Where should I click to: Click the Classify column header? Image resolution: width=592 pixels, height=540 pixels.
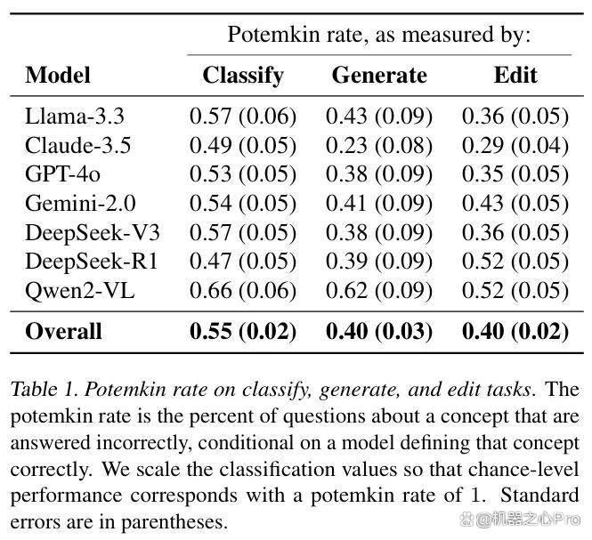coord(243,76)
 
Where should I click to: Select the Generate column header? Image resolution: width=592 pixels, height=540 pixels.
coord(379,75)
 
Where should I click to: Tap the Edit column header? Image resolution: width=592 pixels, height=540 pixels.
coord(515,75)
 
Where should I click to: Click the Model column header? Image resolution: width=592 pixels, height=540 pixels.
coord(58,75)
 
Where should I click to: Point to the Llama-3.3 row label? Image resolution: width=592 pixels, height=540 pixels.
coord(75,116)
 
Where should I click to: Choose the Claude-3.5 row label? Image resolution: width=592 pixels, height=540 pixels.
coord(78,145)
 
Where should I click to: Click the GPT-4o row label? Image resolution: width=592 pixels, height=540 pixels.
coord(62,174)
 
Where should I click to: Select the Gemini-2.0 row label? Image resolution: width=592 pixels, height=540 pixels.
coord(80,204)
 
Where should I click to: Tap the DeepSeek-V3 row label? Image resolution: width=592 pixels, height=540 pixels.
coord(93,232)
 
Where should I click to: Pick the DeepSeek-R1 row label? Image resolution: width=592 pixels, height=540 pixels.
coord(92,262)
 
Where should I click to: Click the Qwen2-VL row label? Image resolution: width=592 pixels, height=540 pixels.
coord(79,291)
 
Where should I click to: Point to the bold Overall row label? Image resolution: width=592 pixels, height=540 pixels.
coord(63,331)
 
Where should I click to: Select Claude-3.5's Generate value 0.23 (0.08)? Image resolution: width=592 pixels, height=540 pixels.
coord(379,146)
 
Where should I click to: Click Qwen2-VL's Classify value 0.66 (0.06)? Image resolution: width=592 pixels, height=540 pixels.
coord(243,291)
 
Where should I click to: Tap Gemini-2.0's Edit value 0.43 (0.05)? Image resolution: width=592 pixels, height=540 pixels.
coord(515,204)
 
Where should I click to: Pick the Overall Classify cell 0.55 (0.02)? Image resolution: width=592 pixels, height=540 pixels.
coord(243,331)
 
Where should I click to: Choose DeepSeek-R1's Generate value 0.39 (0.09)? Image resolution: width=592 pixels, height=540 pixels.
coord(379,262)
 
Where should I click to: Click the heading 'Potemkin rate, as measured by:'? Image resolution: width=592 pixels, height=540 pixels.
coord(379,35)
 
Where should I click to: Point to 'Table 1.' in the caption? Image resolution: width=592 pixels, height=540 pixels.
coord(45,390)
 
